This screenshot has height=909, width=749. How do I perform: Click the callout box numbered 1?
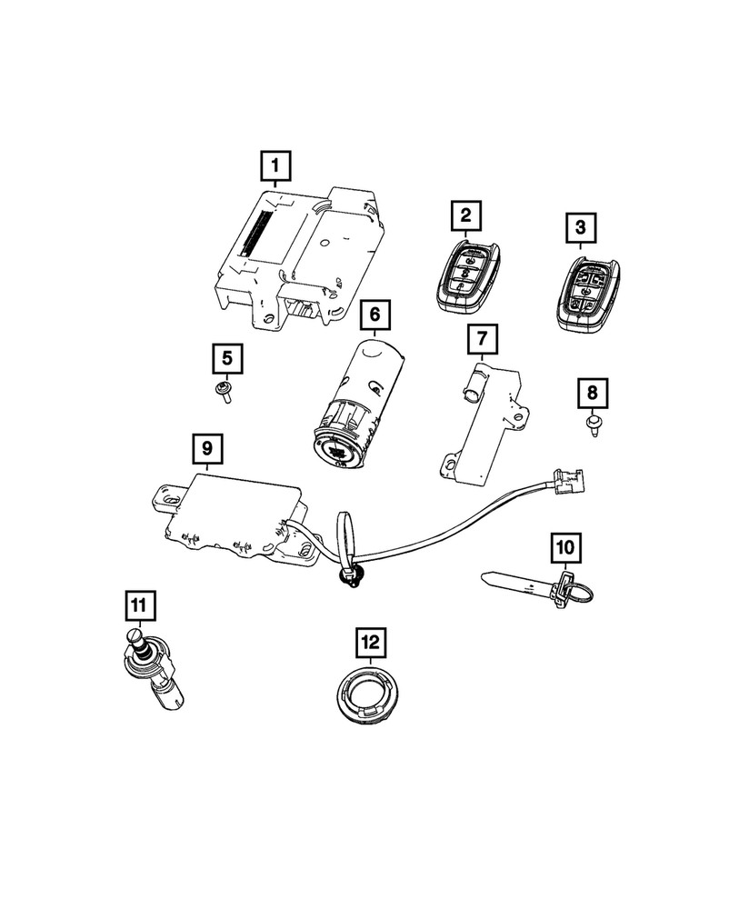pos(275,166)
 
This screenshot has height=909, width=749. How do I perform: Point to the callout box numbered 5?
pos(227,358)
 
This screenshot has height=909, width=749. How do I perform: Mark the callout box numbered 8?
pos(592,393)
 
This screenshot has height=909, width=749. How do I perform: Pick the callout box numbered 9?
pos(207,448)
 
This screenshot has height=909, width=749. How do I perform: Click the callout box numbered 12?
pos(369,643)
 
